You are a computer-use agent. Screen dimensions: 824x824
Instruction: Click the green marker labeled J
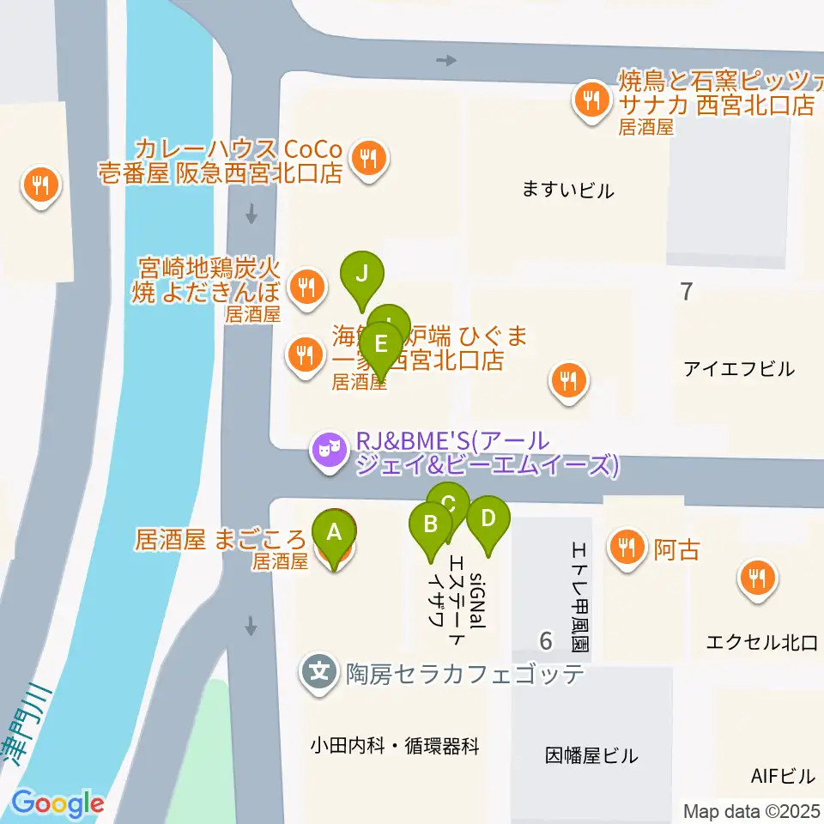pyautogui.click(x=362, y=275)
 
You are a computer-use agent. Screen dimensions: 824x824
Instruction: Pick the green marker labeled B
pyautogui.click(x=432, y=524)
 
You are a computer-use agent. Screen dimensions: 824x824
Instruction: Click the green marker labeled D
pyautogui.click(x=488, y=519)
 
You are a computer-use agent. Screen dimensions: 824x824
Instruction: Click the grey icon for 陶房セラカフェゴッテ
pyautogui.click(x=320, y=670)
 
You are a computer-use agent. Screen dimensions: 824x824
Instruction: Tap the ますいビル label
pyautogui.click(x=568, y=191)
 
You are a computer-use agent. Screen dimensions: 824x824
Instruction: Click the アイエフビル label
pyautogui.click(x=739, y=369)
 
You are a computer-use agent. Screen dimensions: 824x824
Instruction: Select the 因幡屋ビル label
pyautogui.click(x=591, y=756)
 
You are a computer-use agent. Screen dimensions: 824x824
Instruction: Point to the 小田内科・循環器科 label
pyautogui.click(x=395, y=746)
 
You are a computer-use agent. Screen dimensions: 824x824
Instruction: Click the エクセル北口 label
pyautogui.click(x=760, y=643)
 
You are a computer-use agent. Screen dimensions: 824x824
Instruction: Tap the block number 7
pyautogui.click(x=685, y=292)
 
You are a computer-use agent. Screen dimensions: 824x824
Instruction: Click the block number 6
pyautogui.click(x=545, y=640)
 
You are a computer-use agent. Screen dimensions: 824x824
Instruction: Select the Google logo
pyautogui.click(x=58, y=804)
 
